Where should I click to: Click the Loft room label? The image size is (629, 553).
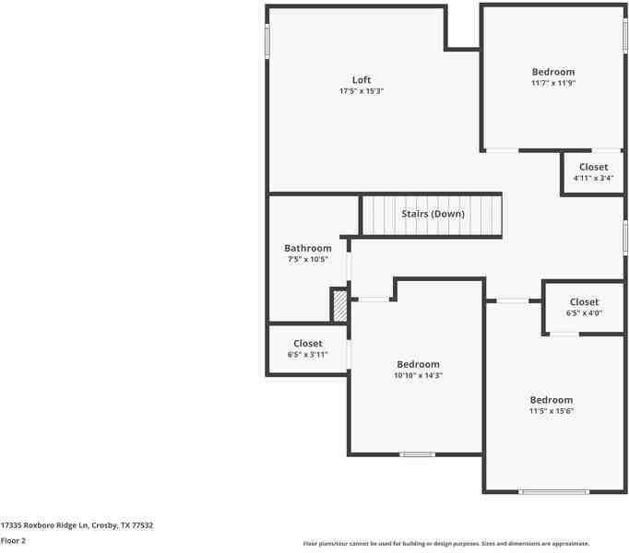361,80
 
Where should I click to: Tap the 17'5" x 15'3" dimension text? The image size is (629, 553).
361,91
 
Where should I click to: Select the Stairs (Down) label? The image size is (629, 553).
433,214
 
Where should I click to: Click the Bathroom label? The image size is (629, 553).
307,248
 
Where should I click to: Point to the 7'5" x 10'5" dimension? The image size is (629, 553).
307,260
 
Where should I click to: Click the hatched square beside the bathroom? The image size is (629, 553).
339,306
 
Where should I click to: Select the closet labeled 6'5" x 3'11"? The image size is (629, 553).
307,349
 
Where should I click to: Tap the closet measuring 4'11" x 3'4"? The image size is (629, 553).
593,172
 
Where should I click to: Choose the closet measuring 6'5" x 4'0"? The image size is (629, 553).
584,307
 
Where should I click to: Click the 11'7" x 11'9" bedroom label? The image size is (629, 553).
552,76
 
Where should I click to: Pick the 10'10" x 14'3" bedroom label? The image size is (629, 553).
418,370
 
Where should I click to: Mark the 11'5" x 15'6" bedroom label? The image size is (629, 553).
551,406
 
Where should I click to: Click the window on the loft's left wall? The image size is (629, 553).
267,41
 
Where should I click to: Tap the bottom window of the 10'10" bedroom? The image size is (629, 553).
417,453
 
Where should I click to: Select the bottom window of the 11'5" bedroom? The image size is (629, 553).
553,492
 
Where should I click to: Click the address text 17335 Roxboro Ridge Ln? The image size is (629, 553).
77,525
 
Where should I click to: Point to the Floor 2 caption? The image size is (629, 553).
13,541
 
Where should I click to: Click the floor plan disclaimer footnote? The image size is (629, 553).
445,544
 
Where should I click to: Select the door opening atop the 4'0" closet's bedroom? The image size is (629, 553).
513,300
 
